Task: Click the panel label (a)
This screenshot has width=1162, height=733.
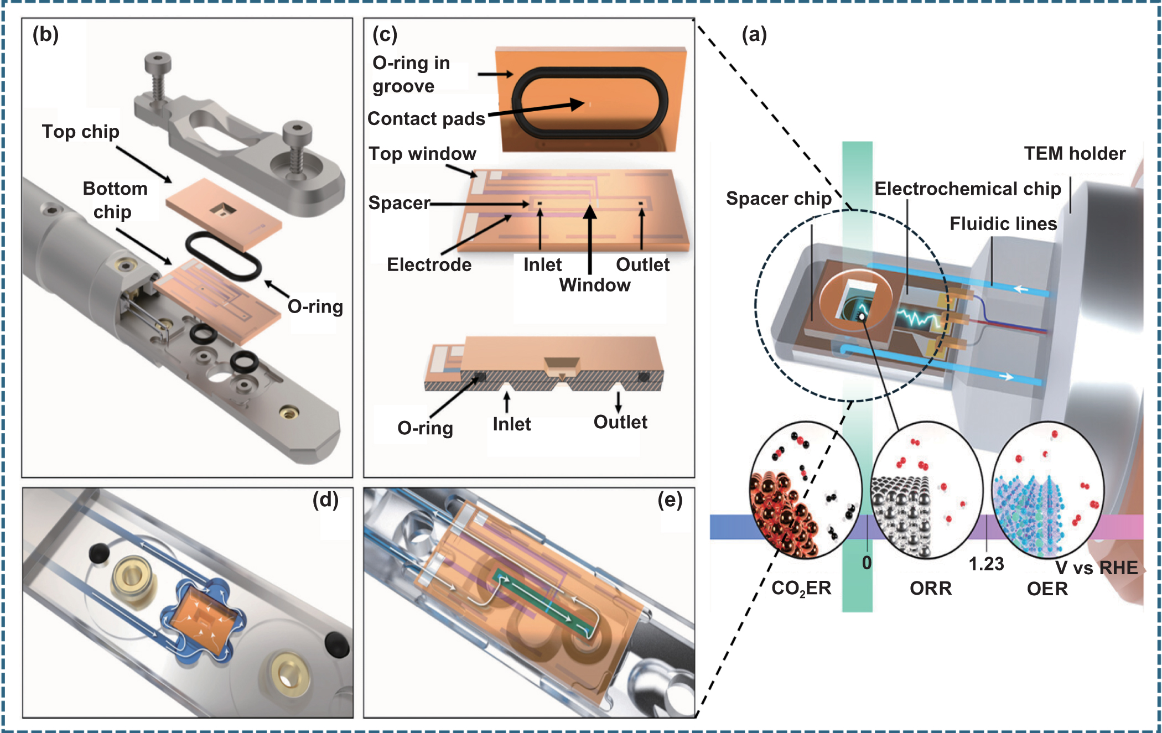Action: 754,35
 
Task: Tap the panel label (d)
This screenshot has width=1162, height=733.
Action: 325,500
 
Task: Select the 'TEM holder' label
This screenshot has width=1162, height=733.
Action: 1074,153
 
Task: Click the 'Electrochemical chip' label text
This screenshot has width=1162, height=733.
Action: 967,189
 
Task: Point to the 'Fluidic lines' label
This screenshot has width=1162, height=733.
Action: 1003,223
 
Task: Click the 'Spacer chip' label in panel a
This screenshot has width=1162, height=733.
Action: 779,198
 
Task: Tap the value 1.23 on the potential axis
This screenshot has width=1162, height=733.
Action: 985,564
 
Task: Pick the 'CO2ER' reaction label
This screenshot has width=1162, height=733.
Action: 801,588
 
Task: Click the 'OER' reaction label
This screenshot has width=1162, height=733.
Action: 1047,589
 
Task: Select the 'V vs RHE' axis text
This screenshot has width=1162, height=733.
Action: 1096,568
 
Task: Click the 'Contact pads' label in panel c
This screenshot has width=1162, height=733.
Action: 426,118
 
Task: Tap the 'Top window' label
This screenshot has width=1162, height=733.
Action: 422,153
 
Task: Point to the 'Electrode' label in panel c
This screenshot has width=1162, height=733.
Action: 429,264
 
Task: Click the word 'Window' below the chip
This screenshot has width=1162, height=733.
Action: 594,285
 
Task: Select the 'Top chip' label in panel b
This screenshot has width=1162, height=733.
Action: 80,132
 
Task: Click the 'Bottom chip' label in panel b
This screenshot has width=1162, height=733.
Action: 115,200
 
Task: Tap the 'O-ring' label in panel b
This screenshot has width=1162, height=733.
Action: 315,306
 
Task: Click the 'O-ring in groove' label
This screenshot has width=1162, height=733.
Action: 411,75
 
